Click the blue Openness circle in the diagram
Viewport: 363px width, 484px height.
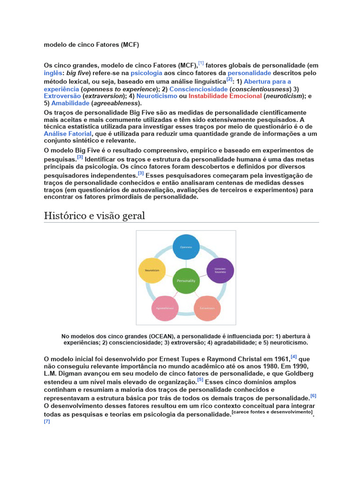(186, 247)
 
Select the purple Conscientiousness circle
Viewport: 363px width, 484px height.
(220, 270)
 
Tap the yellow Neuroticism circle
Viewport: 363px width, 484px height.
(152, 270)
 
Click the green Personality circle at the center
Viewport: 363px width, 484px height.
(186, 280)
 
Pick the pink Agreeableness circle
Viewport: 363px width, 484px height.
(164, 308)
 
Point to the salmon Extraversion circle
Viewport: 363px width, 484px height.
(207, 308)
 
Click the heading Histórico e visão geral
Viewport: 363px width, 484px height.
(94, 216)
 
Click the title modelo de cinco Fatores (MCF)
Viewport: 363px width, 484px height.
(91, 45)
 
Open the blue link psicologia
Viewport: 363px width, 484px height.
(146, 73)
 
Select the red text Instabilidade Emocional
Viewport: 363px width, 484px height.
(225, 96)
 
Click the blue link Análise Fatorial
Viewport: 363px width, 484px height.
(68, 134)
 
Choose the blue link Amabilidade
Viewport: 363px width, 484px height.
(70, 103)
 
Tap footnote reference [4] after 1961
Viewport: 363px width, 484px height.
(294, 357)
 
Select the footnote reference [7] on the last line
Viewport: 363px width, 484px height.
(47, 421)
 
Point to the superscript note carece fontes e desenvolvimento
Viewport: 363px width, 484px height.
(272, 412)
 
